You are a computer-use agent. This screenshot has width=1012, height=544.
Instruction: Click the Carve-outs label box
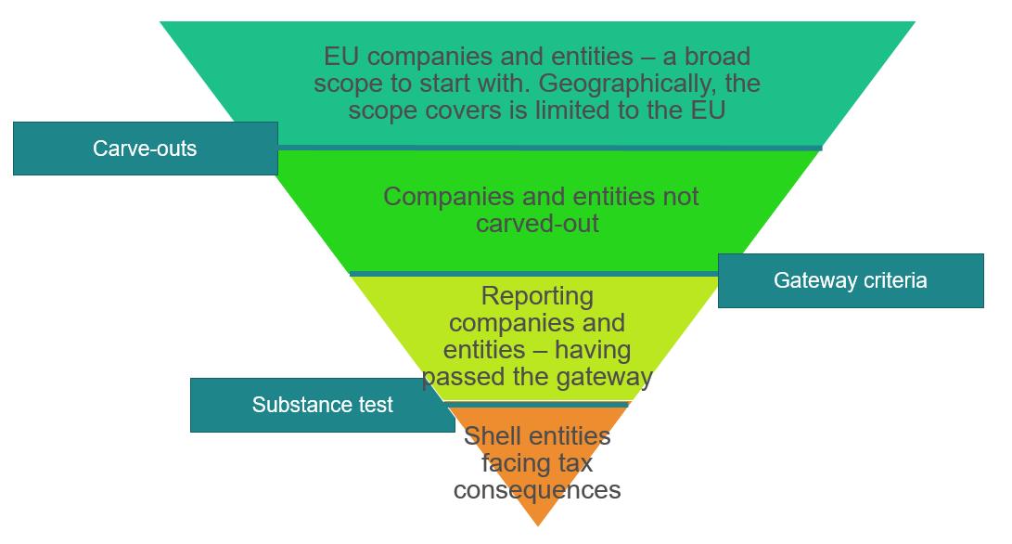click(x=145, y=149)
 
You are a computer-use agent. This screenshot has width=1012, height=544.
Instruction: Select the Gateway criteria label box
click(x=850, y=280)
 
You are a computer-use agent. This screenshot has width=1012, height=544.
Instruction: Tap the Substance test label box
click(x=322, y=405)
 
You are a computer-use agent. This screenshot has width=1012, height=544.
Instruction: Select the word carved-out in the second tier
click(x=537, y=224)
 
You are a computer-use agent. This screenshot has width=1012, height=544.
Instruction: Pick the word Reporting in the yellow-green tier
click(x=537, y=297)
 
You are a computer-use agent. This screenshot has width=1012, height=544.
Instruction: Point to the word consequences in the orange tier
click(x=537, y=489)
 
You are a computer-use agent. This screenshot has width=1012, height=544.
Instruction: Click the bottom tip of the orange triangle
click(x=538, y=525)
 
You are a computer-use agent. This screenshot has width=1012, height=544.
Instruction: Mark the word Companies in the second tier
click(x=442, y=197)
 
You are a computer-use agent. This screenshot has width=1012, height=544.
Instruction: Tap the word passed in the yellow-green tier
click(x=459, y=377)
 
